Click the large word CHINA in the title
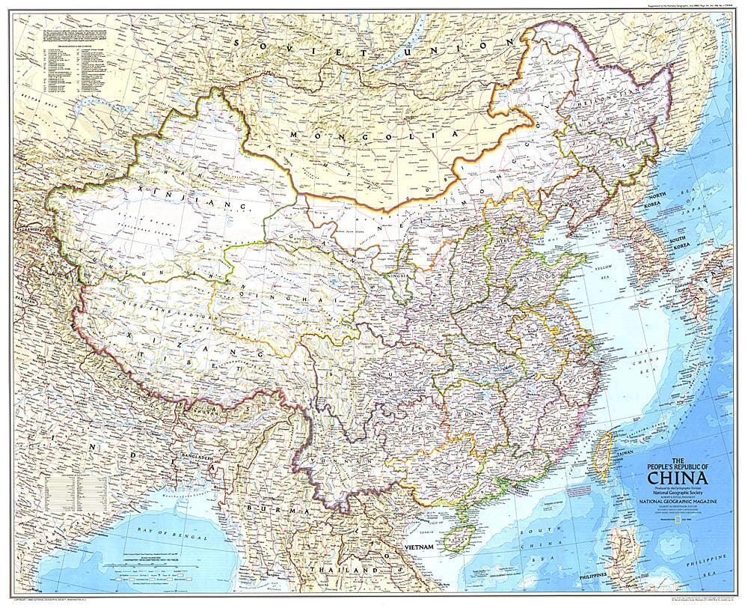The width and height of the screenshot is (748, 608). (x=678, y=478)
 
